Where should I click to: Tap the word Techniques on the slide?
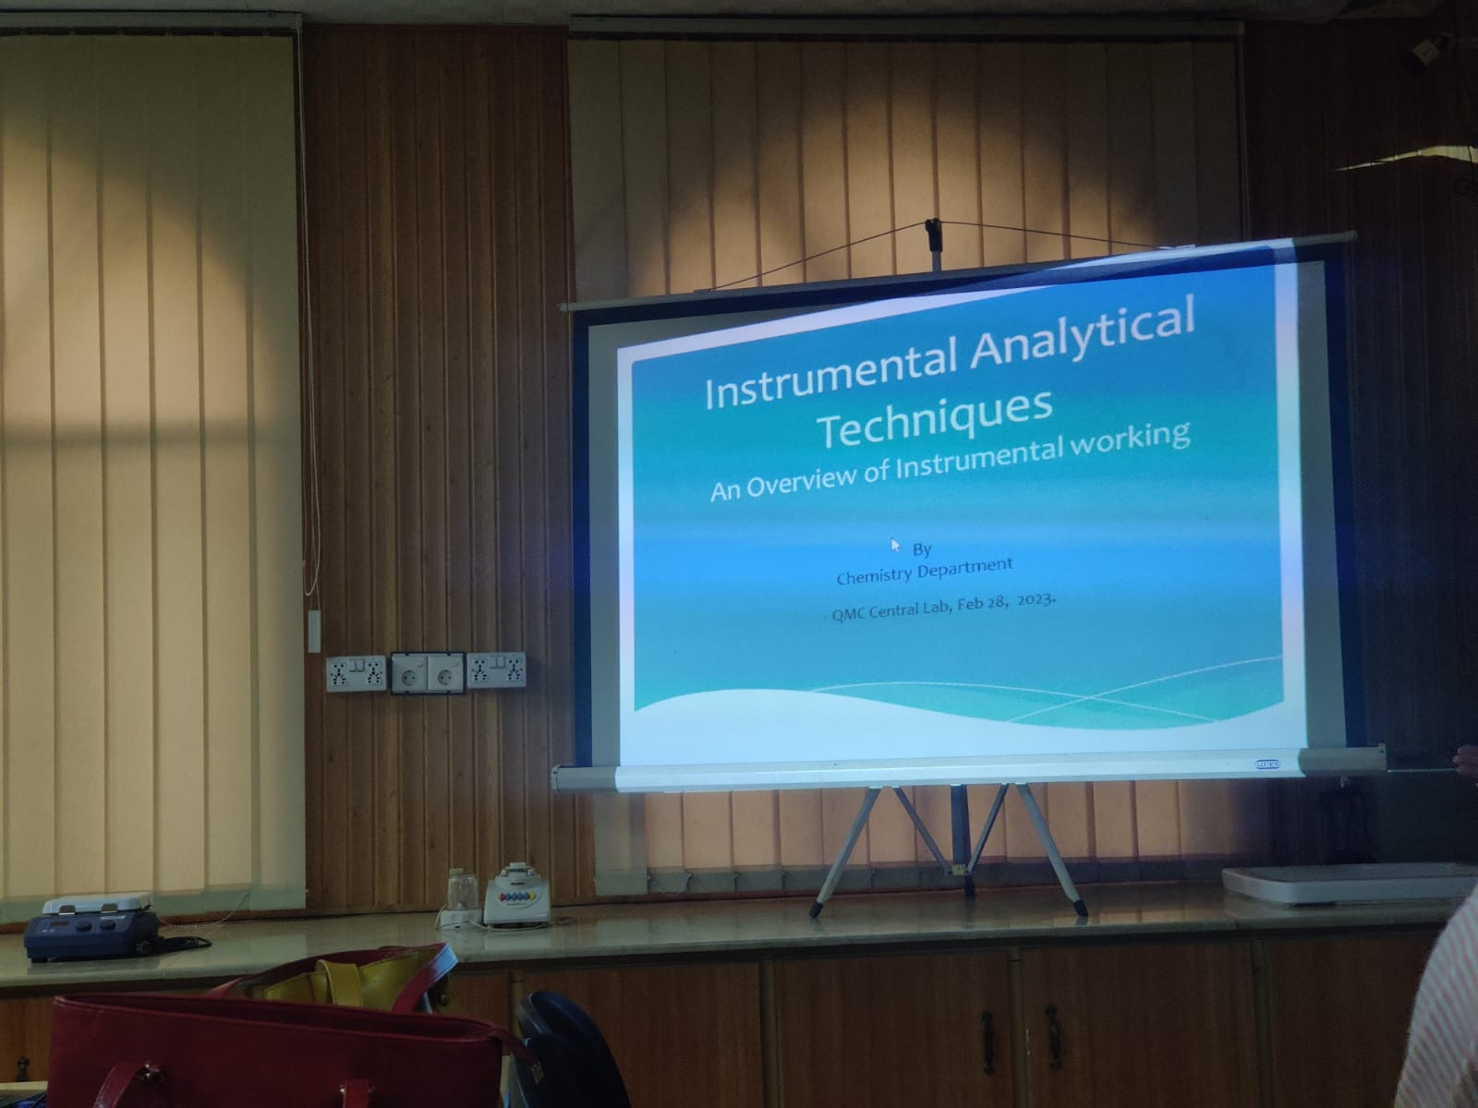(938, 420)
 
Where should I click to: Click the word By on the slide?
(922, 549)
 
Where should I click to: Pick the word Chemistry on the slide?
(873, 574)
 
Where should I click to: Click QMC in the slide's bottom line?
(846, 613)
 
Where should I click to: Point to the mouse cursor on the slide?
(895, 545)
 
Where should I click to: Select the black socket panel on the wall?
(428, 673)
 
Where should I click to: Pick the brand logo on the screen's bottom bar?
(1266, 765)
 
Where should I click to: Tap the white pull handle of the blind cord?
(313, 631)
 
